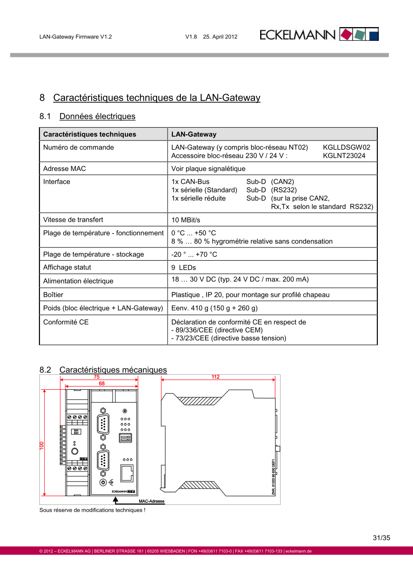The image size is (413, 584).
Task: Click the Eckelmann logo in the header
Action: [319, 35]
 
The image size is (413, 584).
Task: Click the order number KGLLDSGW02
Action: [347, 148]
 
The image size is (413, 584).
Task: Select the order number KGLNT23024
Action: [344, 156]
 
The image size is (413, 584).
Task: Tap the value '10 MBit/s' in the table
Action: [186, 220]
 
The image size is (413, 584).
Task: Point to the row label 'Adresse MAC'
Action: [65, 169]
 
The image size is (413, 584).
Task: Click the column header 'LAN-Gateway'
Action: [194, 134]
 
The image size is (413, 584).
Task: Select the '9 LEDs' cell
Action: [184, 268]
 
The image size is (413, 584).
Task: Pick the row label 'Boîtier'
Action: [53, 295]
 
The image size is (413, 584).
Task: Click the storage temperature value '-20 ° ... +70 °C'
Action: [194, 254]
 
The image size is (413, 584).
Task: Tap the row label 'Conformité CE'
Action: [66, 322]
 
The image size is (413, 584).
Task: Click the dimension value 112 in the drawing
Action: [216, 377]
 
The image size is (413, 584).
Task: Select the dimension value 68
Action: [102, 383]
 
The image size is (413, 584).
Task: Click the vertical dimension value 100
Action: [42, 446]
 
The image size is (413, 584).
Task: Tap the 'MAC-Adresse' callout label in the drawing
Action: [151, 501]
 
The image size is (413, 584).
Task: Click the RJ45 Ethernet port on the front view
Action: [127, 473]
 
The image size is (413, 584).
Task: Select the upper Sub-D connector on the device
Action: [103, 423]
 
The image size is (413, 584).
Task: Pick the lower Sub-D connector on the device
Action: [103, 460]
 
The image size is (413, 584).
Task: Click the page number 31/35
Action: [381, 538]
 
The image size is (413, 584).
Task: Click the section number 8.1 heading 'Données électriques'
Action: [88, 116]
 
